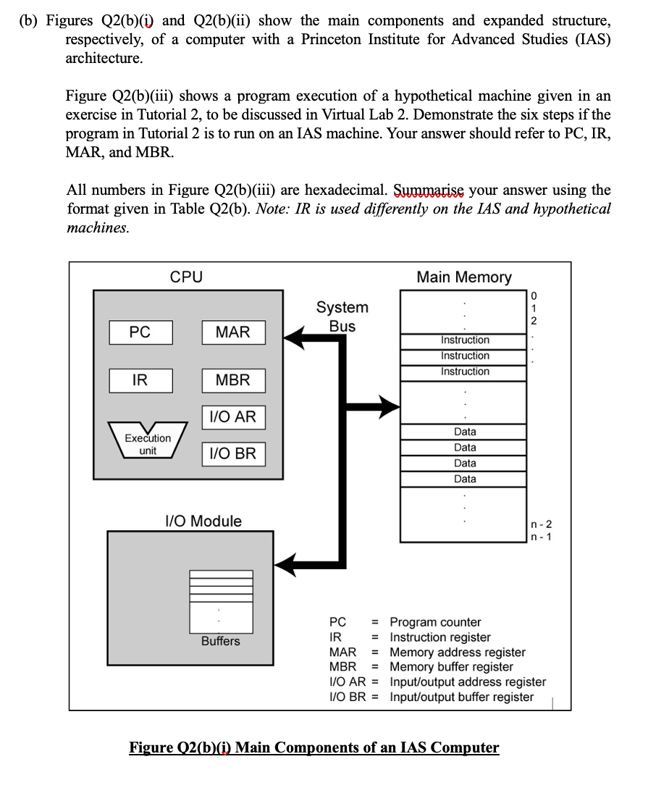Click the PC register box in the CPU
140,332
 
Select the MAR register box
233,332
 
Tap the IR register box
140,380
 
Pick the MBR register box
233,380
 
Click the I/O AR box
233,417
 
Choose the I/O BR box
233,454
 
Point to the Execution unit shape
148,440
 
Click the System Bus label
342,317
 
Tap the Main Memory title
464,277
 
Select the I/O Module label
203,521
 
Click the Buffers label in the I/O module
221,641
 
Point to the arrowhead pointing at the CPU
293,336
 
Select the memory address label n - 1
541,537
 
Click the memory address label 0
534,295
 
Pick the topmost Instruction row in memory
465,340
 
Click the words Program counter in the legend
435,622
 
